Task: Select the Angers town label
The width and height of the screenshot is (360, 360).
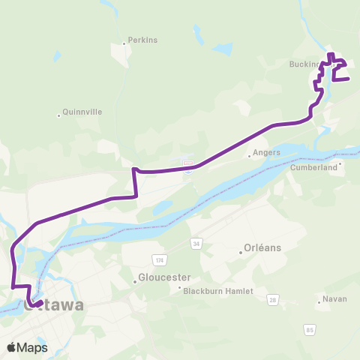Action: click(266, 152)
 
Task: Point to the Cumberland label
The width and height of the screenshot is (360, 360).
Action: click(314, 169)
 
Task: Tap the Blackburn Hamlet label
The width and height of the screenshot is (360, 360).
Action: click(218, 291)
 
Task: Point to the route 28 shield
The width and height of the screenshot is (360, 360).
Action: click(272, 300)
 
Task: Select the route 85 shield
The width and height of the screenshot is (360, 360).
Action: click(310, 328)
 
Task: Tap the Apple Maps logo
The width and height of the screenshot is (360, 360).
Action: click(26, 346)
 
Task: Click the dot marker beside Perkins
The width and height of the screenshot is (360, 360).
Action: click(124, 43)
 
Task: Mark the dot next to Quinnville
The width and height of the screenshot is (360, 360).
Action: click(58, 115)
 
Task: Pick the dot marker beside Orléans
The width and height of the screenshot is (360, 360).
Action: click(240, 253)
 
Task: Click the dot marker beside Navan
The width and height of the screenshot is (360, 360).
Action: click(318, 303)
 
